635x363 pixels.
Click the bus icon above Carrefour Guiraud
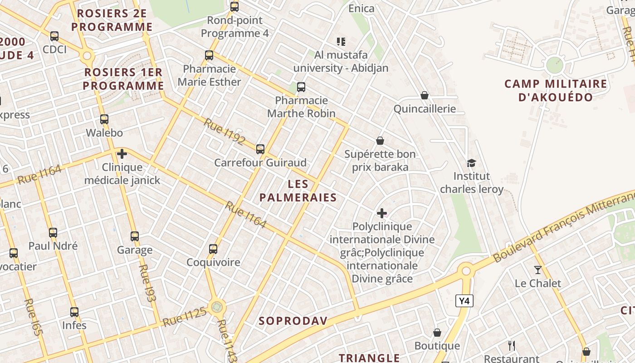point(260,149)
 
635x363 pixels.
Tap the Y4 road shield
point(464,301)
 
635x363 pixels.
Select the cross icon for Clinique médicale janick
point(122,154)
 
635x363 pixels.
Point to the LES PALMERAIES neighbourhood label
point(298,191)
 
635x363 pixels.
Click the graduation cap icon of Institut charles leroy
point(472,163)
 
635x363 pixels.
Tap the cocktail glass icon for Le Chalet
point(537,270)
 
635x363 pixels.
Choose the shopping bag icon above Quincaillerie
point(425,95)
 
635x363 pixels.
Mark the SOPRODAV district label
point(293,321)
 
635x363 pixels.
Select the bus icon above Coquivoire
point(213,249)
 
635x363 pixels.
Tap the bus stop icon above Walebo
point(104,119)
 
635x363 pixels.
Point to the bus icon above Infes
point(74,312)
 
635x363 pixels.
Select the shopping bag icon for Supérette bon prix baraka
point(380,141)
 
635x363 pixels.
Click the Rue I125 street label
point(185,316)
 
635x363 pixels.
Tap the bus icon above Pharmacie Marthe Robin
point(301,87)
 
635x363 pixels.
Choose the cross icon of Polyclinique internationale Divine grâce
point(382,213)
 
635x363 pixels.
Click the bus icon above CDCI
point(54,36)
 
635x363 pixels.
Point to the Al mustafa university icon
point(341,42)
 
